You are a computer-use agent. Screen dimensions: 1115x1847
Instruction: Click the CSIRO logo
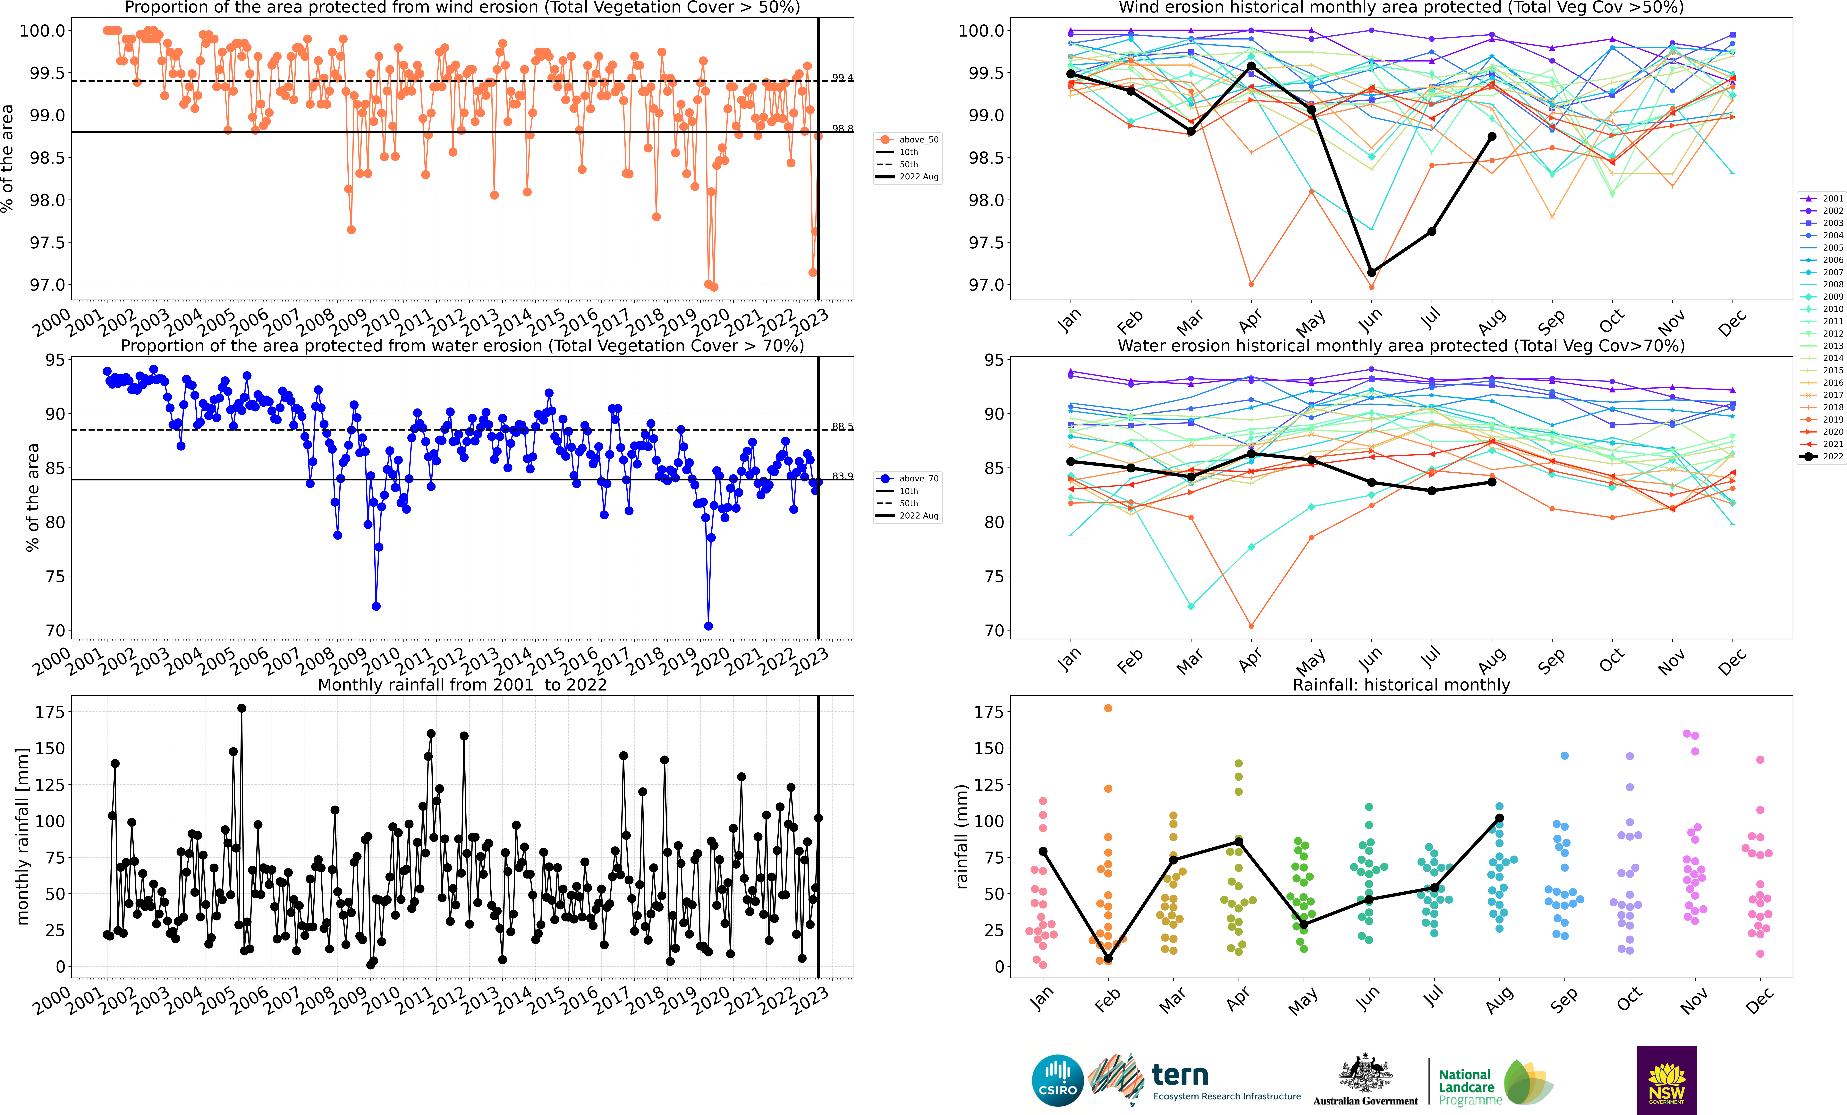(1058, 1081)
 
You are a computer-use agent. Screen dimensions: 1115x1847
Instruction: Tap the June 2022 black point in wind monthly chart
(1372, 272)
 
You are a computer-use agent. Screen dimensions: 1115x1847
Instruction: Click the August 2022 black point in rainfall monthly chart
(1499, 818)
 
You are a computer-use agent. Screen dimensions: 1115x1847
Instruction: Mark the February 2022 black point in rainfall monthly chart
(1108, 958)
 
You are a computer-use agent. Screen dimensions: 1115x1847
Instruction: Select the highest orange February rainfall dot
(1108, 708)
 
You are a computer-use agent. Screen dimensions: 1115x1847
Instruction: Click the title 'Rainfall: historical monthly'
(1401, 685)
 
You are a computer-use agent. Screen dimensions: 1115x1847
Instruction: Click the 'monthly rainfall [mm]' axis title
(22, 836)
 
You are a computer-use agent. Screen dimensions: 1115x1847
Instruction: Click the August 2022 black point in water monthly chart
(1492, 482)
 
